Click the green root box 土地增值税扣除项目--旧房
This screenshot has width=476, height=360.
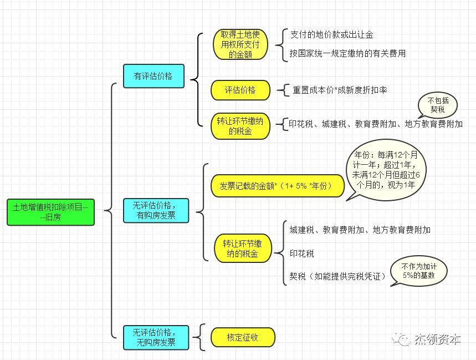click(50, 212)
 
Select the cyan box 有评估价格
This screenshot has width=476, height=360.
click(153, 75)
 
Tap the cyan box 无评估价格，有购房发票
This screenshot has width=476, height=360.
click(156, 211)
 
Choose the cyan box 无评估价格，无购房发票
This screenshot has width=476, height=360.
click(156, 337)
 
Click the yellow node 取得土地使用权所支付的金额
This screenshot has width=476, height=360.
click(240, 44)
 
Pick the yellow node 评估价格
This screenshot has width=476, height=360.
click(240, 90)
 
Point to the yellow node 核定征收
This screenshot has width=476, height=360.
click(243, 337)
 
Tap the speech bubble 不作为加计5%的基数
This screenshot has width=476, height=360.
click(418, 271)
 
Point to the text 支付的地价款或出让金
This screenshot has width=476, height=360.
click(331, 35)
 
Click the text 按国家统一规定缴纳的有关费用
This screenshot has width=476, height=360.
click(347, 54)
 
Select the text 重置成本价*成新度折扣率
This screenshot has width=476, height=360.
click(340, 90)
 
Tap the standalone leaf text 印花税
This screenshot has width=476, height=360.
click(301, 253)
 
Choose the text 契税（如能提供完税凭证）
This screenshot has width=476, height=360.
click(337, 276)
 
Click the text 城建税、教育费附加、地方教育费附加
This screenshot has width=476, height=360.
click(360, 230)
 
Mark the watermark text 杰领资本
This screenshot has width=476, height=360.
click(437, 339)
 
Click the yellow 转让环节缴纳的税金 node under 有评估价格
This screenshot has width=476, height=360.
click(240, 126)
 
